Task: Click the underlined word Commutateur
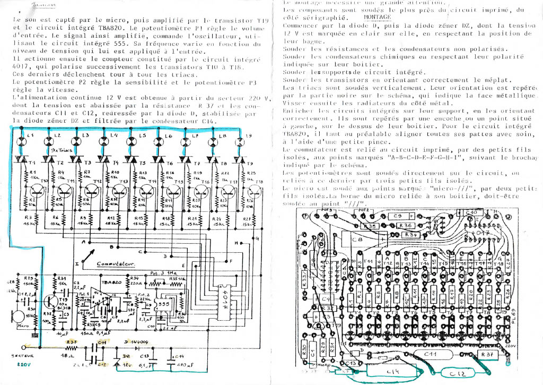117,264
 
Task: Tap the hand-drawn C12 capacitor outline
461,373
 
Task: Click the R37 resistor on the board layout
487,354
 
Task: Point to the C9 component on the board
398,216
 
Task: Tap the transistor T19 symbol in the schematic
55,301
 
